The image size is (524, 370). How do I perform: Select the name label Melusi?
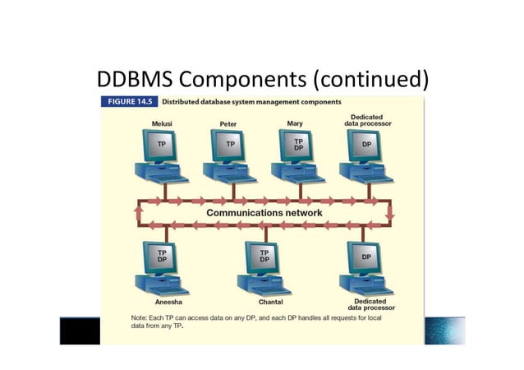(x=161, y=123)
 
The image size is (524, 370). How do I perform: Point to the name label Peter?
(x=228, y=124)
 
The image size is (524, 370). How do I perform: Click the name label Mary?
(x=295, y=123)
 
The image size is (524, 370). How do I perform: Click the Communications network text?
(x=264, y=212)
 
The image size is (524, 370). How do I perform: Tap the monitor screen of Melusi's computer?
(x=162, y=144)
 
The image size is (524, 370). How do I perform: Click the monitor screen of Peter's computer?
(x=230, y=144)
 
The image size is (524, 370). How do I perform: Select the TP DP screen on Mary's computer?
(x=298, y=144)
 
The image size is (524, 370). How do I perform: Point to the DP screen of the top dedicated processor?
(x=365, y=144)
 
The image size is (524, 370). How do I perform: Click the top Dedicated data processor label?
(x=365, y=121)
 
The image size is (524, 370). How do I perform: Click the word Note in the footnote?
(x=118, y=317)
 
